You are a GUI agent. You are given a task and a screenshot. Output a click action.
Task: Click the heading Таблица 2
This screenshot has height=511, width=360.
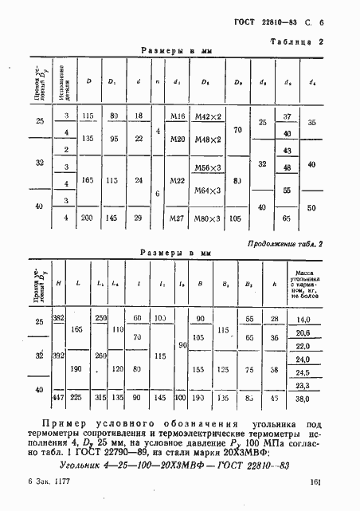[x=296, y=41]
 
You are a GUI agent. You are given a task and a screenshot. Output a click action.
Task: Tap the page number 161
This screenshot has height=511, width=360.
[x=315, y=482]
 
